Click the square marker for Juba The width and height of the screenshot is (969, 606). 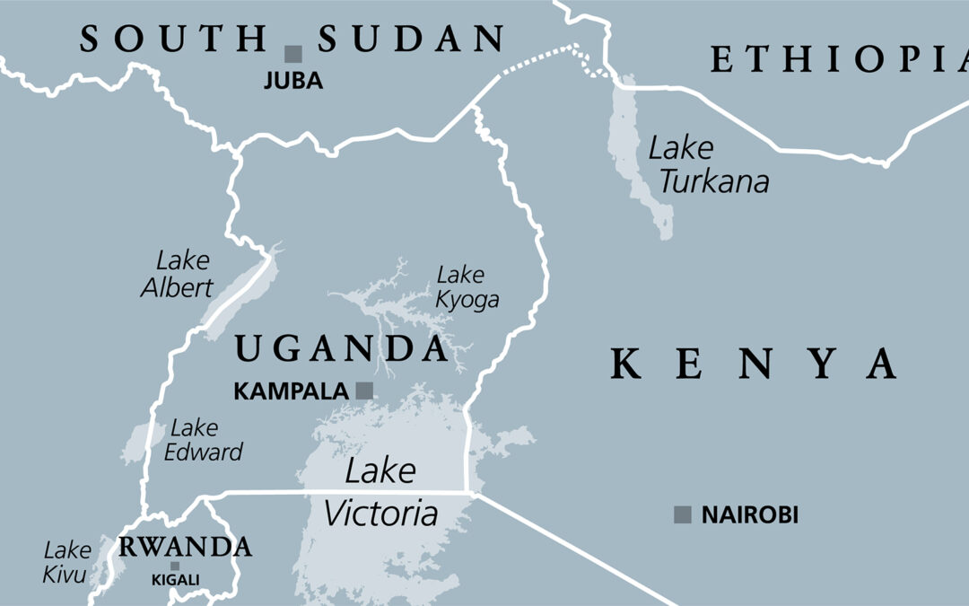point(292,54)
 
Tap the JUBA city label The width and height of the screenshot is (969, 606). point(292,81)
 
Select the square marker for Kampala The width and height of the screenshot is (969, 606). point(364,391)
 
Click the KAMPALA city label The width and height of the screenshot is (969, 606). point(290,391)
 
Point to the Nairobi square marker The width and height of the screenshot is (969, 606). point(683,514)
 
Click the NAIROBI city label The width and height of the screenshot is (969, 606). point(749,515)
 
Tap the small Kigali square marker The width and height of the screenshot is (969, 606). point(175,566)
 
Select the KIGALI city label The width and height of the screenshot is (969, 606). point(175,581)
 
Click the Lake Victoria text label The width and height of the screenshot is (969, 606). point(380,492)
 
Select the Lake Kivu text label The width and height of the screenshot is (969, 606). point(67,562)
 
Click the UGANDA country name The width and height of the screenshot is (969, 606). point(340,347)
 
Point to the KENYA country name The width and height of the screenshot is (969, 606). point(754,364)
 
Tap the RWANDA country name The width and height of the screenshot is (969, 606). point(185,546)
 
